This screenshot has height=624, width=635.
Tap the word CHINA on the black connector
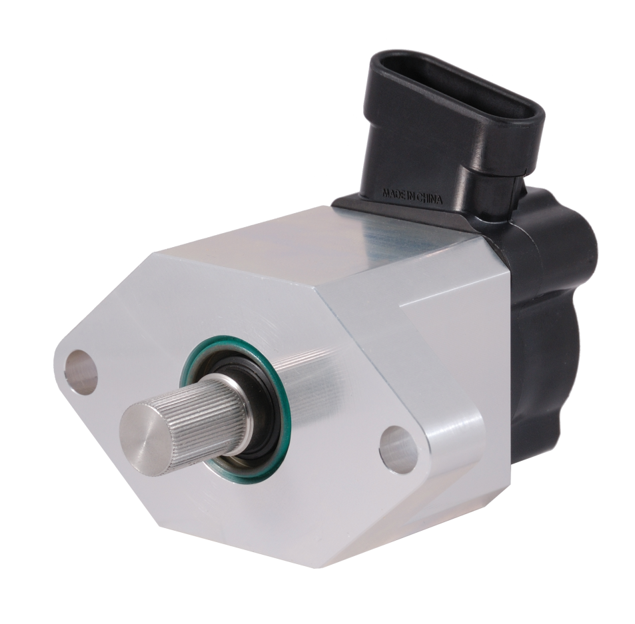coord(429,198)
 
